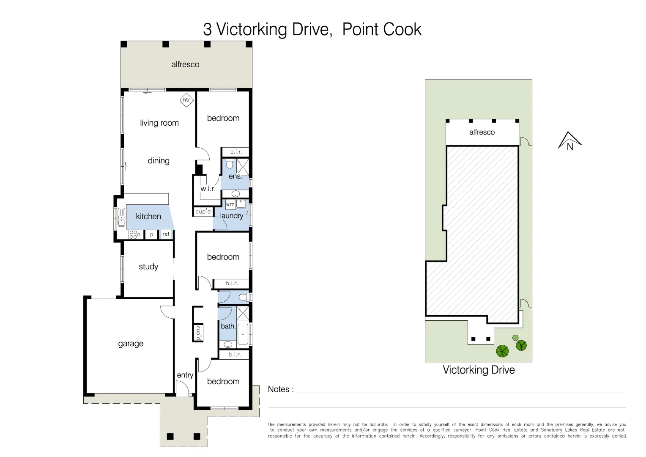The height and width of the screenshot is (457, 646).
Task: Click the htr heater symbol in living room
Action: [186, 100]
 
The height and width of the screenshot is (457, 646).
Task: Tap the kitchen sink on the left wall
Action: [121, 217]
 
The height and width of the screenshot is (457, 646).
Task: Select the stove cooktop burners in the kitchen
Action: [134, 234]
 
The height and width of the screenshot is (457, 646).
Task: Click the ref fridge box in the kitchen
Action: [166, 234]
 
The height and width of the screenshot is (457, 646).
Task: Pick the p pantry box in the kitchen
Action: [151, 234]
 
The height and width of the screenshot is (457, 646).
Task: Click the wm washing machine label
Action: [230, 204]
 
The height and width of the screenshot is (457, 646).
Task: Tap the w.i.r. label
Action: [208, 189]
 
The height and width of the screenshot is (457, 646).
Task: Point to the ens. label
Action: [235, 176]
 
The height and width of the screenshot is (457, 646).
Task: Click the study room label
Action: [148, 267]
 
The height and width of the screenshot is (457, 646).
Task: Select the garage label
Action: [131, 344]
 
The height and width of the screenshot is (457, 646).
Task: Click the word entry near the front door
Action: [185, 375]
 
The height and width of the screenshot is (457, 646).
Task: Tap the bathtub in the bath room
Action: [243, 334]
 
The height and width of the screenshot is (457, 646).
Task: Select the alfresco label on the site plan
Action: [482, 132]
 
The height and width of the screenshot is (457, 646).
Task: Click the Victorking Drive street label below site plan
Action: [479, 370]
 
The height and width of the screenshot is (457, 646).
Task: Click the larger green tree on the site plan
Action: [502, 351]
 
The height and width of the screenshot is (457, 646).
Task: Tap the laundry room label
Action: [231, 216]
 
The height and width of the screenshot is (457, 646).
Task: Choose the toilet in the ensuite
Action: [230, 163]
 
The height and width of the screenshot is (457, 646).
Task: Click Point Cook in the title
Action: [381, 30]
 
